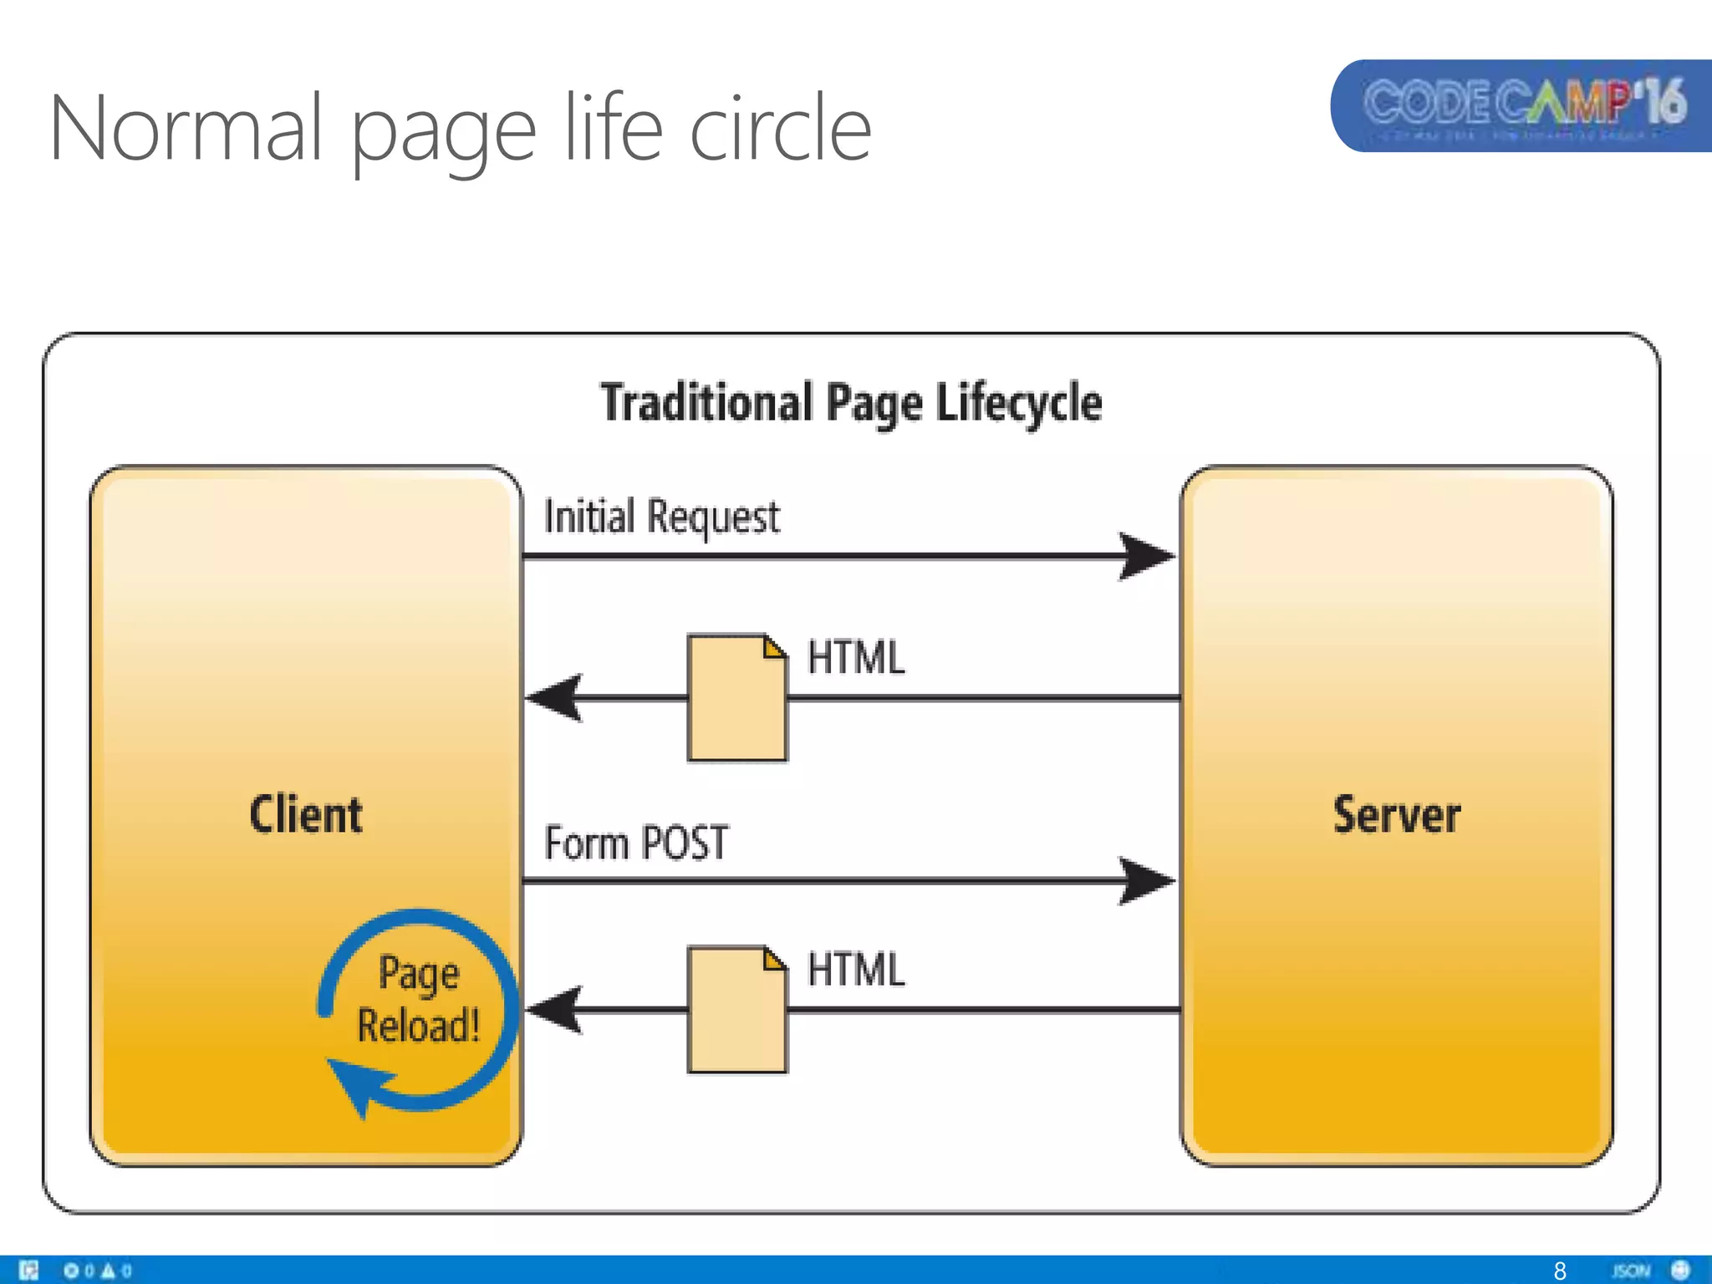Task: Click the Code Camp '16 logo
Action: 1523,105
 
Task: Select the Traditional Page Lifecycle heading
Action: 851,403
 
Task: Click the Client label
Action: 306,814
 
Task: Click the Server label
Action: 1396,814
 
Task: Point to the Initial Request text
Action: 661,516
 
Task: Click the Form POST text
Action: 636,843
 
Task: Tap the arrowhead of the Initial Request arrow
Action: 1147,556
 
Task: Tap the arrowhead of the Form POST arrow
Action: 1147,880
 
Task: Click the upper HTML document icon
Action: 736,698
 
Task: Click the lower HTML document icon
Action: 736,1010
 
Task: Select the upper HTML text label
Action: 855,657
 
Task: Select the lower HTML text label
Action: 855,970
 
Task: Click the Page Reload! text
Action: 418,999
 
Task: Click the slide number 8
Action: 1559,1271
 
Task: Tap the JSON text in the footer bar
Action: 1631,1271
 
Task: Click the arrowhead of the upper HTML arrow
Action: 556,698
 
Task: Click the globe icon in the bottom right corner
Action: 1680,1270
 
